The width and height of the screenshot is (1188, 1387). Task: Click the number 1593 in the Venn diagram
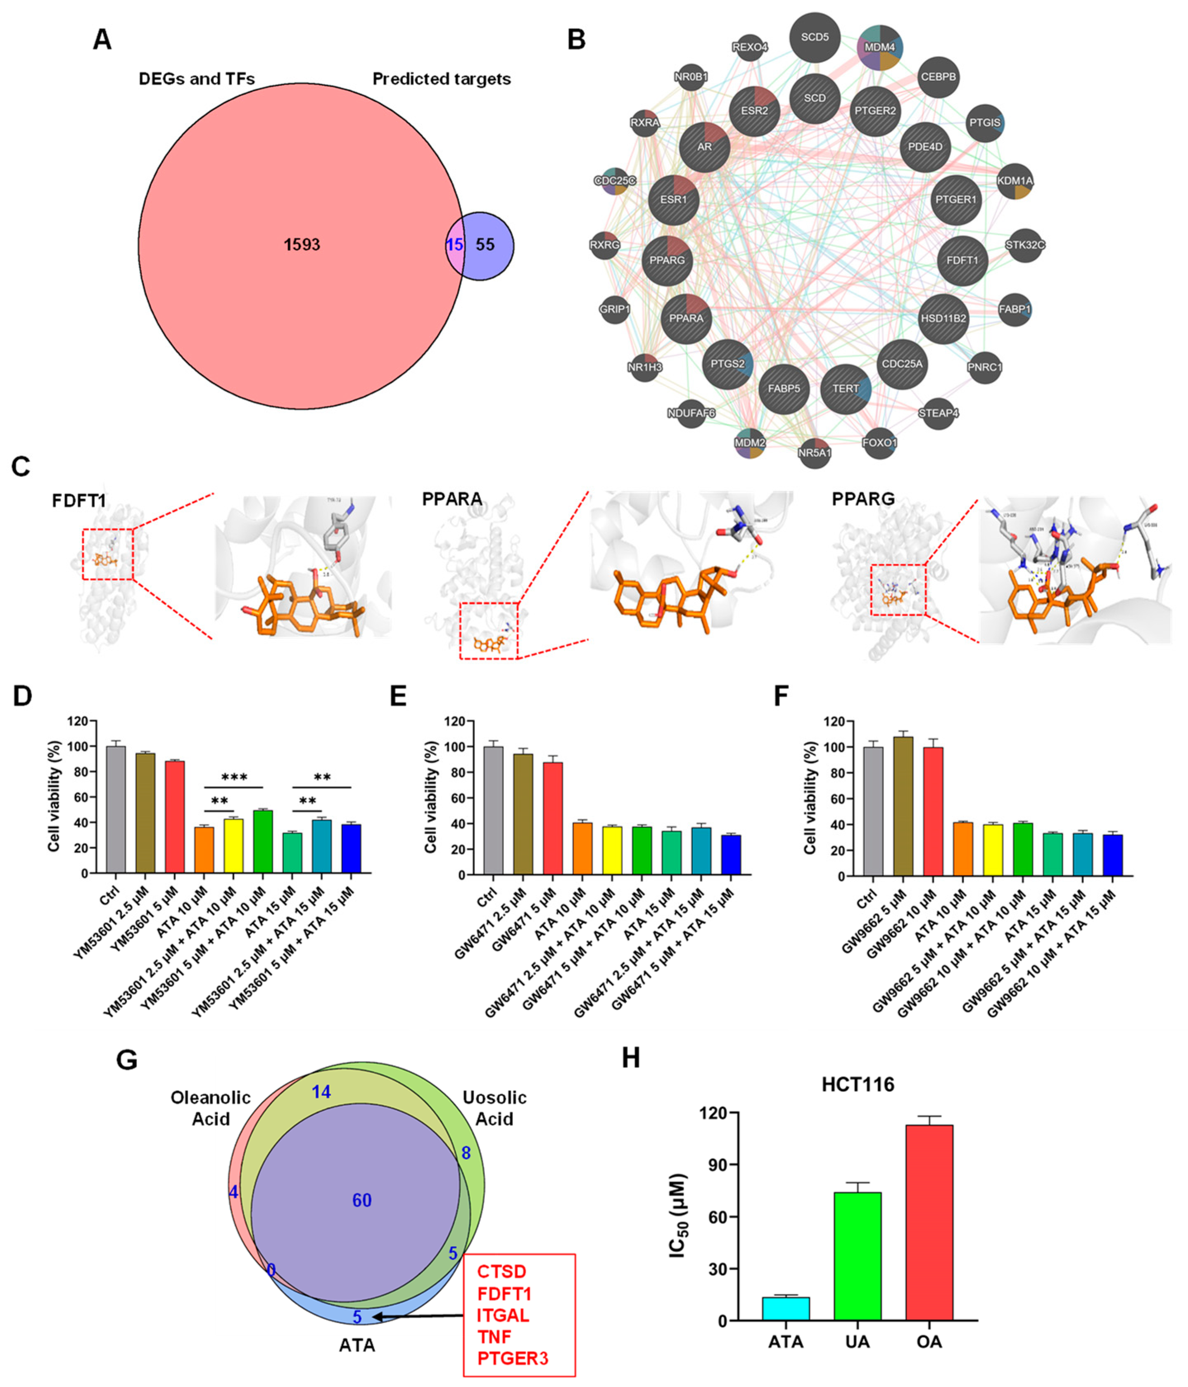(x=302, y=245)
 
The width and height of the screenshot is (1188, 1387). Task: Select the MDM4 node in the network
(x=879, y=47)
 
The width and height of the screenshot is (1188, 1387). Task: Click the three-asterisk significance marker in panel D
(x=234, y=777)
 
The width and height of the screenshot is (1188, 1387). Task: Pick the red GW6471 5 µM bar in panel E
(x=547, y=818)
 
